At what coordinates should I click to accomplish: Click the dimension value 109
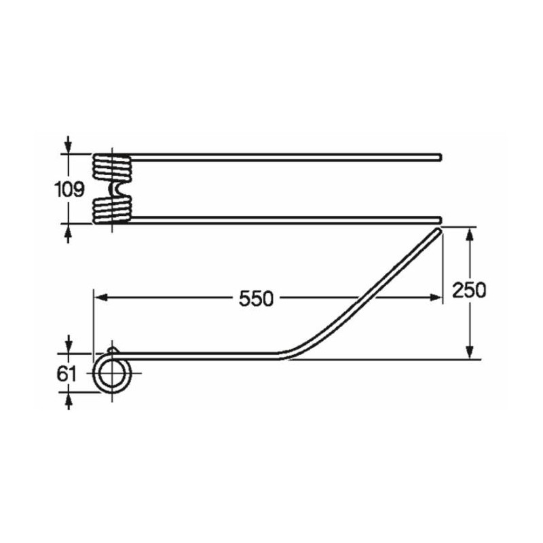[x=69, y=189]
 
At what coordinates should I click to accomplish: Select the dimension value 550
[x=256, y=299]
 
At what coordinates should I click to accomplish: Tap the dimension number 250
[x=469, y=291]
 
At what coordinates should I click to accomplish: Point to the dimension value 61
[x=66, y=374]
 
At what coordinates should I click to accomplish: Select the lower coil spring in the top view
[x=112, y=208]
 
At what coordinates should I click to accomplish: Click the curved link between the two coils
[x=113, y=189]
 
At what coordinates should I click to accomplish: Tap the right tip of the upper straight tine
[x=440, y=157]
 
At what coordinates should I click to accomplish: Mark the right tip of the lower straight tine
[x=440, y=220]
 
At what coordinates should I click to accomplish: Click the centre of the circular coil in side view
[x=113, y=373]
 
